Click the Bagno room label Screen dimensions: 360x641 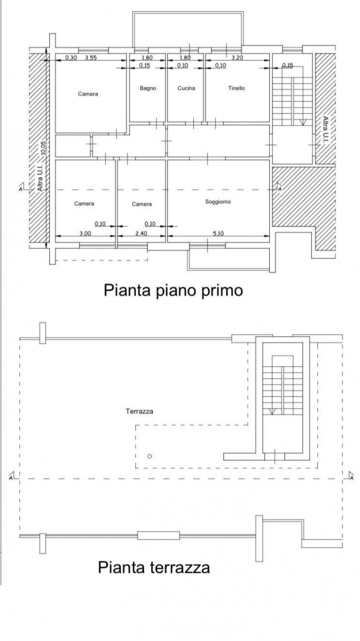[147, 88]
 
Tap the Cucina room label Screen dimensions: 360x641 [186, 88]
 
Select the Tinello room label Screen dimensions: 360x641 [236, 88]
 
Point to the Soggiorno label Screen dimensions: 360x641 [218, 202]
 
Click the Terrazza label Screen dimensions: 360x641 [140, 411]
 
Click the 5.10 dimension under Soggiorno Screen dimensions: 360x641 [218, 233]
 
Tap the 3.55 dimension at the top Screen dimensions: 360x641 [91, 58]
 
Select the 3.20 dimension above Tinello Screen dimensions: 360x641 [237, 58]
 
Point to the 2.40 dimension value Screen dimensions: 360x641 [140, 233]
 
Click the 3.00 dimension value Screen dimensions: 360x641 [85, 233]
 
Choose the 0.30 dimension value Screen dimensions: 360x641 [71, 58]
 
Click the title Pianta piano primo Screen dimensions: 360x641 [173, 291]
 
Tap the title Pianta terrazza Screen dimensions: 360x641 [153, 567]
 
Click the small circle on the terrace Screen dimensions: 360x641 [149, 456]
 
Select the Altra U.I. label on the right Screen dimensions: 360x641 [325, 130]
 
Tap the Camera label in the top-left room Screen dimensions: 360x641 [88, 94]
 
